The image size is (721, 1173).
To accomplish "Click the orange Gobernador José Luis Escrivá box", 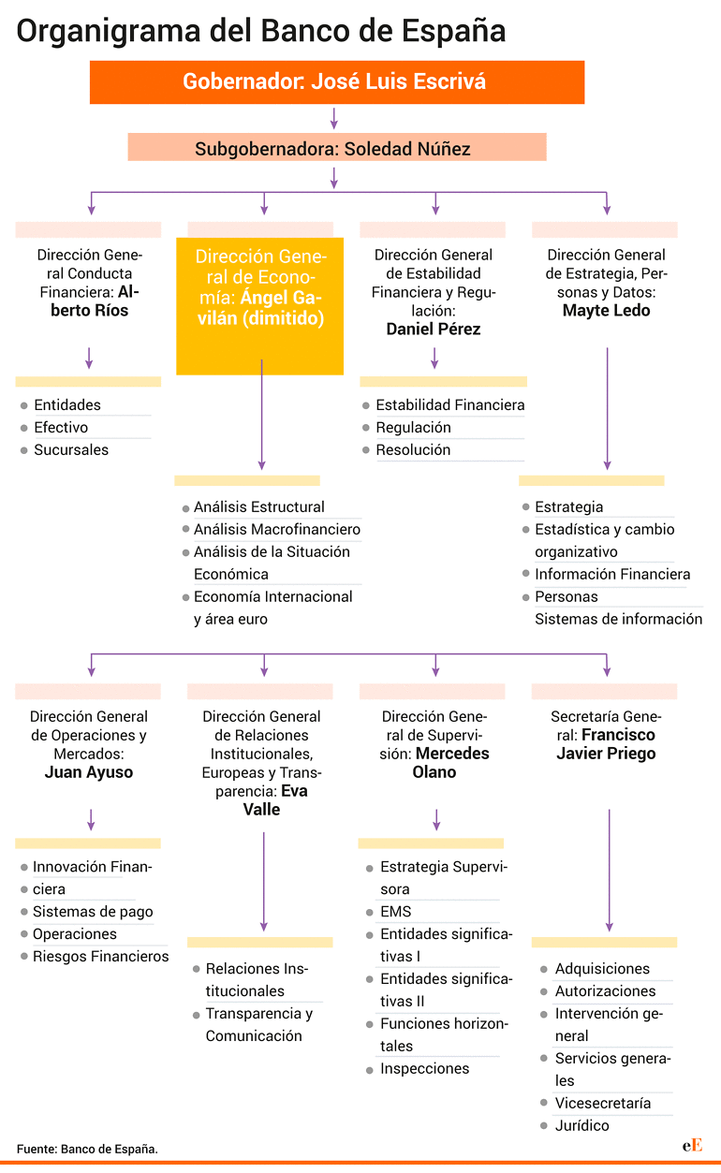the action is (x=337, y=82).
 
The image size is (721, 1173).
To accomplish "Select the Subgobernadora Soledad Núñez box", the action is (x=337, y=147).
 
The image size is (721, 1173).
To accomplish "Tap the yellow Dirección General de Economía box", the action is (x=259, y=306).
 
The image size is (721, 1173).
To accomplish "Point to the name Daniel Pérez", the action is (x=434, y=330).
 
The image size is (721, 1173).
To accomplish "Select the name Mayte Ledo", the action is (x=607, y=311).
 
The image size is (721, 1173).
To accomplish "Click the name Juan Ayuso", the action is (x=89, y=772).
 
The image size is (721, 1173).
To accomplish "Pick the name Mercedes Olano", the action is (x=440, y=762).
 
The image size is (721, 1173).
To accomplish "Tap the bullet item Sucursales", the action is (x=71, y=450).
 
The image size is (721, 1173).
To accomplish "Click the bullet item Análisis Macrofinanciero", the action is (x=277, y=530).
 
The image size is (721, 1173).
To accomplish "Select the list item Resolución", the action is (x=413, y=450).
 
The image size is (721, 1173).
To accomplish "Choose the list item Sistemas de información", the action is (x=618, y=619).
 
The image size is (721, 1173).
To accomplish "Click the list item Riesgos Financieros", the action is (x=100, y=956).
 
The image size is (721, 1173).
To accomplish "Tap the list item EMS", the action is (x=396, y=912).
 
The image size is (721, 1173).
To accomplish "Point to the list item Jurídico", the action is (x=581, y=1125).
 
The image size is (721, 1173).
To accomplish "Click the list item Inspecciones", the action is (x=425, y=1068).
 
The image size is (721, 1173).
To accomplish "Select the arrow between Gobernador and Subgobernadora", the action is (x=334, y=118).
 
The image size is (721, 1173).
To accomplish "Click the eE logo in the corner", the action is (x=692, y=1145).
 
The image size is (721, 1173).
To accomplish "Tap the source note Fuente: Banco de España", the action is (x=87, y=1149).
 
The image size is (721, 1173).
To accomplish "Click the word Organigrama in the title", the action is (x=109, y=32).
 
